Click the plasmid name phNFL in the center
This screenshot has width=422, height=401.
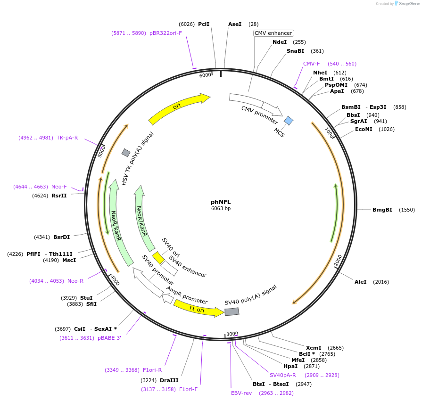pyautogui.click(x=221, y=202)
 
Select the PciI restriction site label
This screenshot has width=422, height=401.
pyautogui.click(x=204, y=24)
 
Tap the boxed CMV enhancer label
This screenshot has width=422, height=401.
pyautogui.click(x=273, y=33)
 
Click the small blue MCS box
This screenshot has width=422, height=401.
pyautogui.click(x=289, y=121)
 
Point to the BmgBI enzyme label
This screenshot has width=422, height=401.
pyautogui.click(x=382, y=210)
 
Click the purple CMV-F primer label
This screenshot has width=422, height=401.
pyautogui.click(x=311, y=64)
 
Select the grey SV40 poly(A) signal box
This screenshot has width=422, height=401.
pyautogui.click(x=232, y=311)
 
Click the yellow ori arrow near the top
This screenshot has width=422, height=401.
pyautogui.click(x=179, y=107)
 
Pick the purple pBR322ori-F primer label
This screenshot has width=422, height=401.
pyautogui.click(x=165, y=33)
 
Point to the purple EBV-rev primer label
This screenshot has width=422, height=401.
pyautogui.click(x=241, y=393)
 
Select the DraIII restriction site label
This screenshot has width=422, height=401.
pyautogui.click(x=169, y=380)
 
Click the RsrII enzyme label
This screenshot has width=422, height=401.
pyautogui.click(x=59, y=196)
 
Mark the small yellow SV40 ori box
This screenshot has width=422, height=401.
pyautogui.click(x=158, y=258)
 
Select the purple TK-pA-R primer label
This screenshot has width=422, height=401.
pyautogui.click(x=67, y=138)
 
